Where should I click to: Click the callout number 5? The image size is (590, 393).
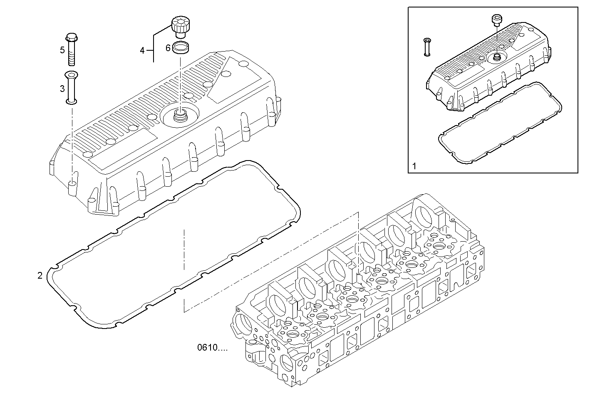(x=62, y=50)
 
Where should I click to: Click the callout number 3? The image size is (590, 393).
(x=62, y=88)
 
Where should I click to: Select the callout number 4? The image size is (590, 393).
(x=142, y=50)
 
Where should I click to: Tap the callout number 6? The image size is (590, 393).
(x=168, y=48)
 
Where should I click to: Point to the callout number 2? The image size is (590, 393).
(x=40, y=275)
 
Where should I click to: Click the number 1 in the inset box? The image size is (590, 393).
(x=414, y=166)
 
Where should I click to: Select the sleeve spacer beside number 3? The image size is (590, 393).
(x=72, y=88)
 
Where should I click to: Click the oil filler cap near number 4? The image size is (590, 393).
(x=179, y=26)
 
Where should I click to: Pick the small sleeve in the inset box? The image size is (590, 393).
(x=427, y=47)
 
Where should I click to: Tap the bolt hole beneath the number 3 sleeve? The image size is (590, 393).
(x=72, y=183)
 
